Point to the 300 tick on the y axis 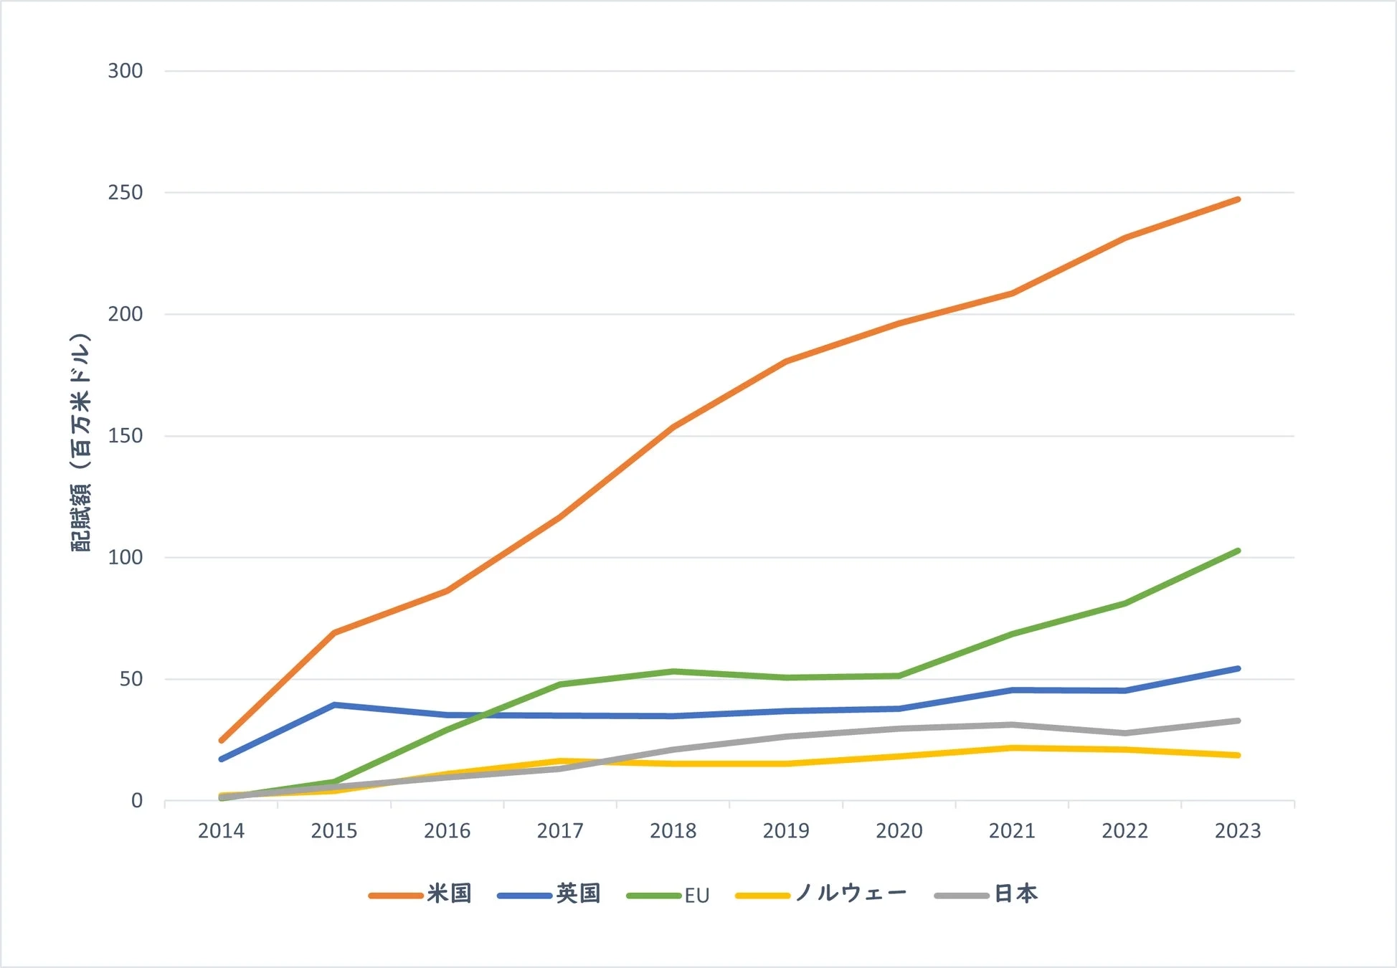click(126, 71)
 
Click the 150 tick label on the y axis click(126, 436)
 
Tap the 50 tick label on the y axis click(131, 679)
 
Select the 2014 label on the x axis click(221, 831)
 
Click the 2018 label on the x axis click(673, 831)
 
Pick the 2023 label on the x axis click(1237, 831)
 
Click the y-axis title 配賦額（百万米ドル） click(81, 442)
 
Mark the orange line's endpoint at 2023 click(1238, 199)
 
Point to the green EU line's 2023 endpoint click(1238, 551)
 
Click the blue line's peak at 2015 click(334, 705)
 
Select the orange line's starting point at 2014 click(221, 741)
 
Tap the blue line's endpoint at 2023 click(1238, 669)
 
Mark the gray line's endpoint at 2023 click(1238, 721)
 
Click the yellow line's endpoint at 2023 click(1238, 755)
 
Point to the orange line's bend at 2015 click(334, 632)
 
